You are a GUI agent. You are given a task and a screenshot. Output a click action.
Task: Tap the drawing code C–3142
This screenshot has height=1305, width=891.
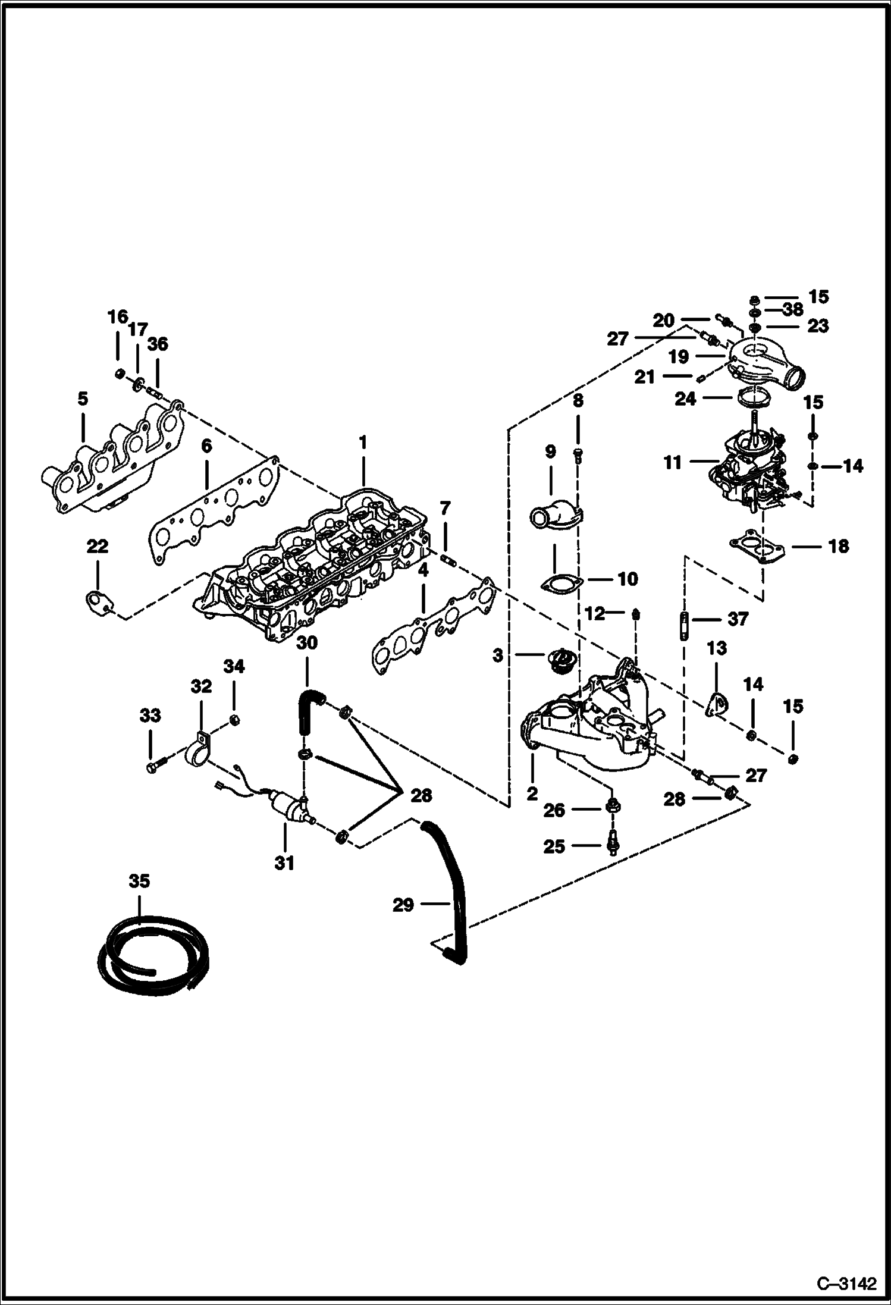tap(846, 1282)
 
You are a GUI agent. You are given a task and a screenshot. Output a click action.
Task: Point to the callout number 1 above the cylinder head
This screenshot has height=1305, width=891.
tap(362, 443)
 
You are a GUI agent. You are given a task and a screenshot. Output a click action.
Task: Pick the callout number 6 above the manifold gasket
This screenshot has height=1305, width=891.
tap(206, 446)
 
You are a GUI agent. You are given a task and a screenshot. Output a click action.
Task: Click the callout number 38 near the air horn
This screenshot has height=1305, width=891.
tap(793, 309)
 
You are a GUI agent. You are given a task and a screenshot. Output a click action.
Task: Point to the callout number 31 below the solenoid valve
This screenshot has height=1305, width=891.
tap(284, 862)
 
